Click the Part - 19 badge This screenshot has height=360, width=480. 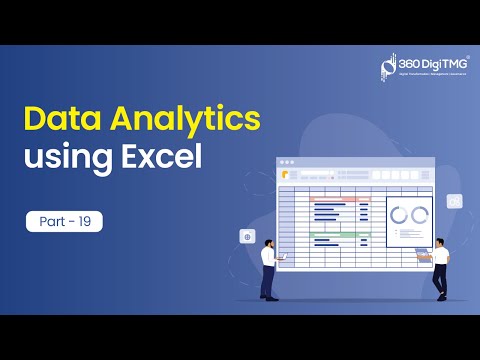point(64,221)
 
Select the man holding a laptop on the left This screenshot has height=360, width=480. point(268,265)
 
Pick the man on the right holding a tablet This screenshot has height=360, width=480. point(440,265)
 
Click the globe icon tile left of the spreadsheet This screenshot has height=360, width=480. point(246,237)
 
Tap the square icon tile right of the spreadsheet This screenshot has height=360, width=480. point(455,201)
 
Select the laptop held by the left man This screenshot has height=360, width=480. point(283,256)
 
